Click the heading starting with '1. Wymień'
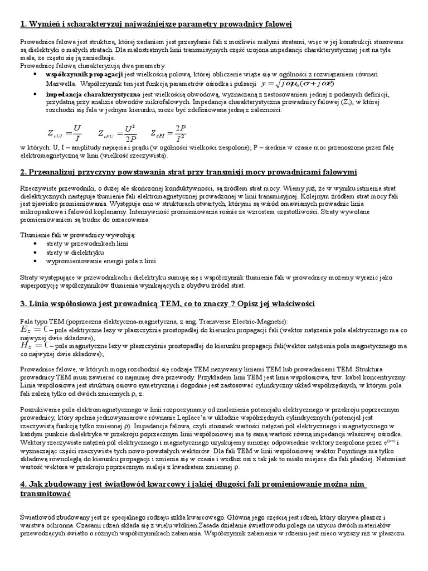[156, 24]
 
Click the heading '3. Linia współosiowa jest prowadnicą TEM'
[167, 304]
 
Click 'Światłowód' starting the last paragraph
[38, 518]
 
